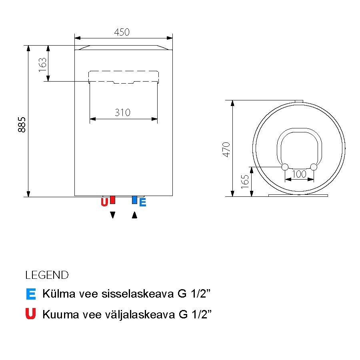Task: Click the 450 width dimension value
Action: coord(122,32)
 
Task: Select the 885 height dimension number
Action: coord(22,125)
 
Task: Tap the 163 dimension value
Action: coord(43,65)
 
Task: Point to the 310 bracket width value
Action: coord(123,112)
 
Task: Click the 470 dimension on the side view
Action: coord(226,150)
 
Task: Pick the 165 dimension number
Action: coord(245,182)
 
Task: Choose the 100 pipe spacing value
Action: coord(299,174)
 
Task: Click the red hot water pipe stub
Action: coord(112,200)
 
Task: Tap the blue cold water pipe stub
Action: coord(134,200)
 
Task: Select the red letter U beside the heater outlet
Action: coord(104,202)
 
